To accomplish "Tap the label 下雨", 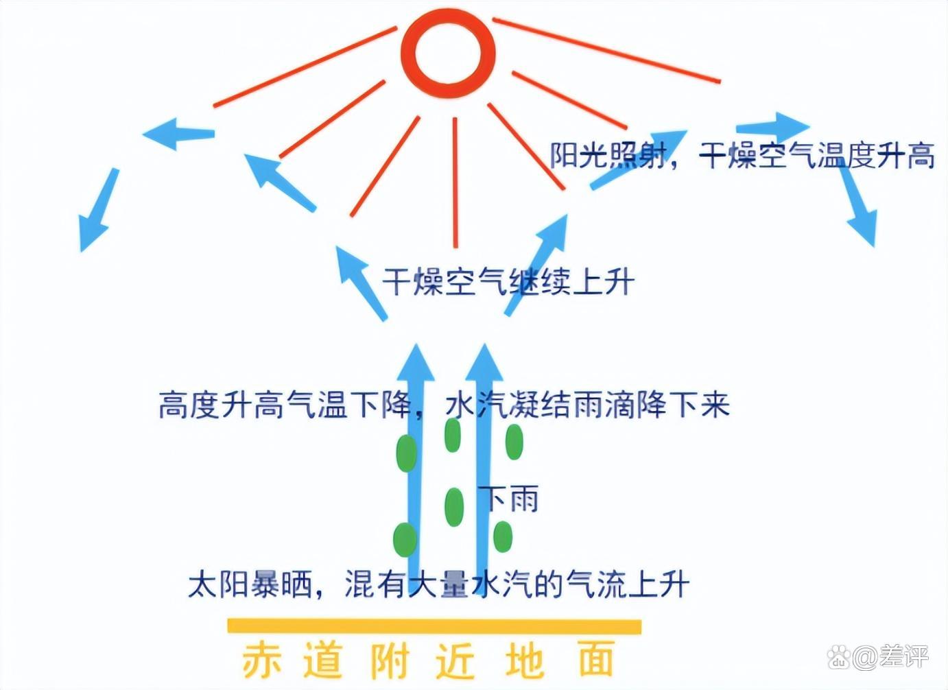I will (509, 499).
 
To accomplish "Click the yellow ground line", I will (434, 626).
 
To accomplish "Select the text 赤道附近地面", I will (428, 660).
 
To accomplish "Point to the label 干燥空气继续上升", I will (508, 281).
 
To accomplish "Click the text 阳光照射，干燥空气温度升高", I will (742, 155).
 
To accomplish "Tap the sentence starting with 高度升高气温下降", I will (443, 405).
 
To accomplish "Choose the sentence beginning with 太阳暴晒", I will (438, 584).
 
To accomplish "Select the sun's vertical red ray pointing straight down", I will (455, 182).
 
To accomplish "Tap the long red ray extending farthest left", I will (305, 67).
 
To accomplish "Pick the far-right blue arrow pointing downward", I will (857, 206).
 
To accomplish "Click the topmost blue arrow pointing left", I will (178, 132).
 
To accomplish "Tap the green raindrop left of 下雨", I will (453, 506).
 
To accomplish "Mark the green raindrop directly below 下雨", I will (503, 536).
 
